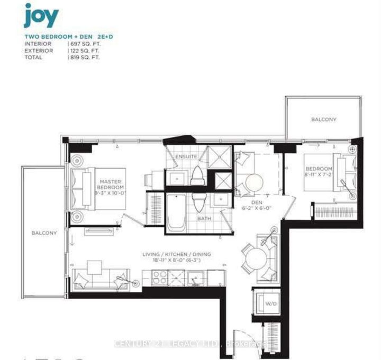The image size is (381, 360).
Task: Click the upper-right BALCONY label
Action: (323, 119)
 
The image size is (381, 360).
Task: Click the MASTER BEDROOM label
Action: (111, 184)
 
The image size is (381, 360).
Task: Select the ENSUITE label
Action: (186, 157)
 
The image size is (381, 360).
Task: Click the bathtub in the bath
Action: (177, 213)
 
